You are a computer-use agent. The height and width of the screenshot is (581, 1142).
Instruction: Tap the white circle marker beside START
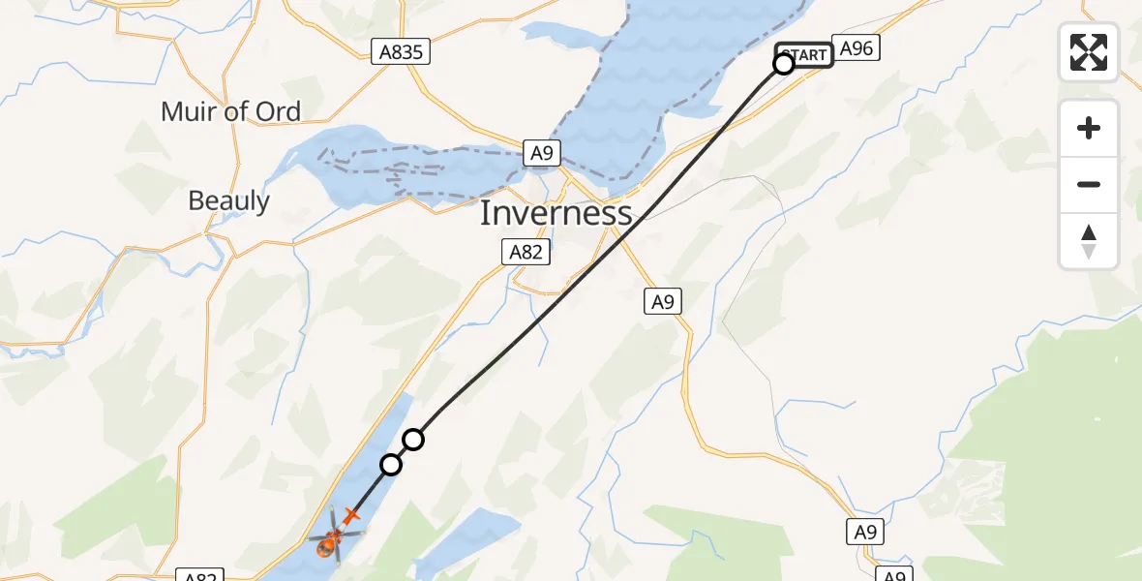coord(784,64)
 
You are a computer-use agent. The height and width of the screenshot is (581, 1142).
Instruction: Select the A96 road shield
coord(856,48)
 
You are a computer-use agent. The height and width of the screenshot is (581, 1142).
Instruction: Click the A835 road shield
coord(401,52)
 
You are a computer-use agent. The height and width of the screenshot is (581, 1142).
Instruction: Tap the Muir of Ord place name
coord(230,111)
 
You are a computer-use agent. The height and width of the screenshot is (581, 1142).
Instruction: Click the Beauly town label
coord(229,200)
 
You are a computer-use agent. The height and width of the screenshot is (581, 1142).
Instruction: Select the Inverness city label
coord(556,213)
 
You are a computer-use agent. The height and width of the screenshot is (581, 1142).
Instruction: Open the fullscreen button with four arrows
coord(1089,52)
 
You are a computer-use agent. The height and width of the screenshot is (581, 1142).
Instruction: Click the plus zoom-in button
coord(1089,128)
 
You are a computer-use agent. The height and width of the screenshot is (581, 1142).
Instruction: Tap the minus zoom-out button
coord(1089,184)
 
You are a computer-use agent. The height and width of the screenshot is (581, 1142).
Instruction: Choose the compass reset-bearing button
coord(1089,241)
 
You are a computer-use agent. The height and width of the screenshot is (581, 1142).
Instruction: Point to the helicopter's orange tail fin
coord(350,517)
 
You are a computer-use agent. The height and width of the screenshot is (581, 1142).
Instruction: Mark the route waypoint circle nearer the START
coord(413,440)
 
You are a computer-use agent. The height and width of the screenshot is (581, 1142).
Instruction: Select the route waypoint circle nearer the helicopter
coord(391,465)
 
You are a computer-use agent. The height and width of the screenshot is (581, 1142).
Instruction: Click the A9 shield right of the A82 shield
coord(662,302)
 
